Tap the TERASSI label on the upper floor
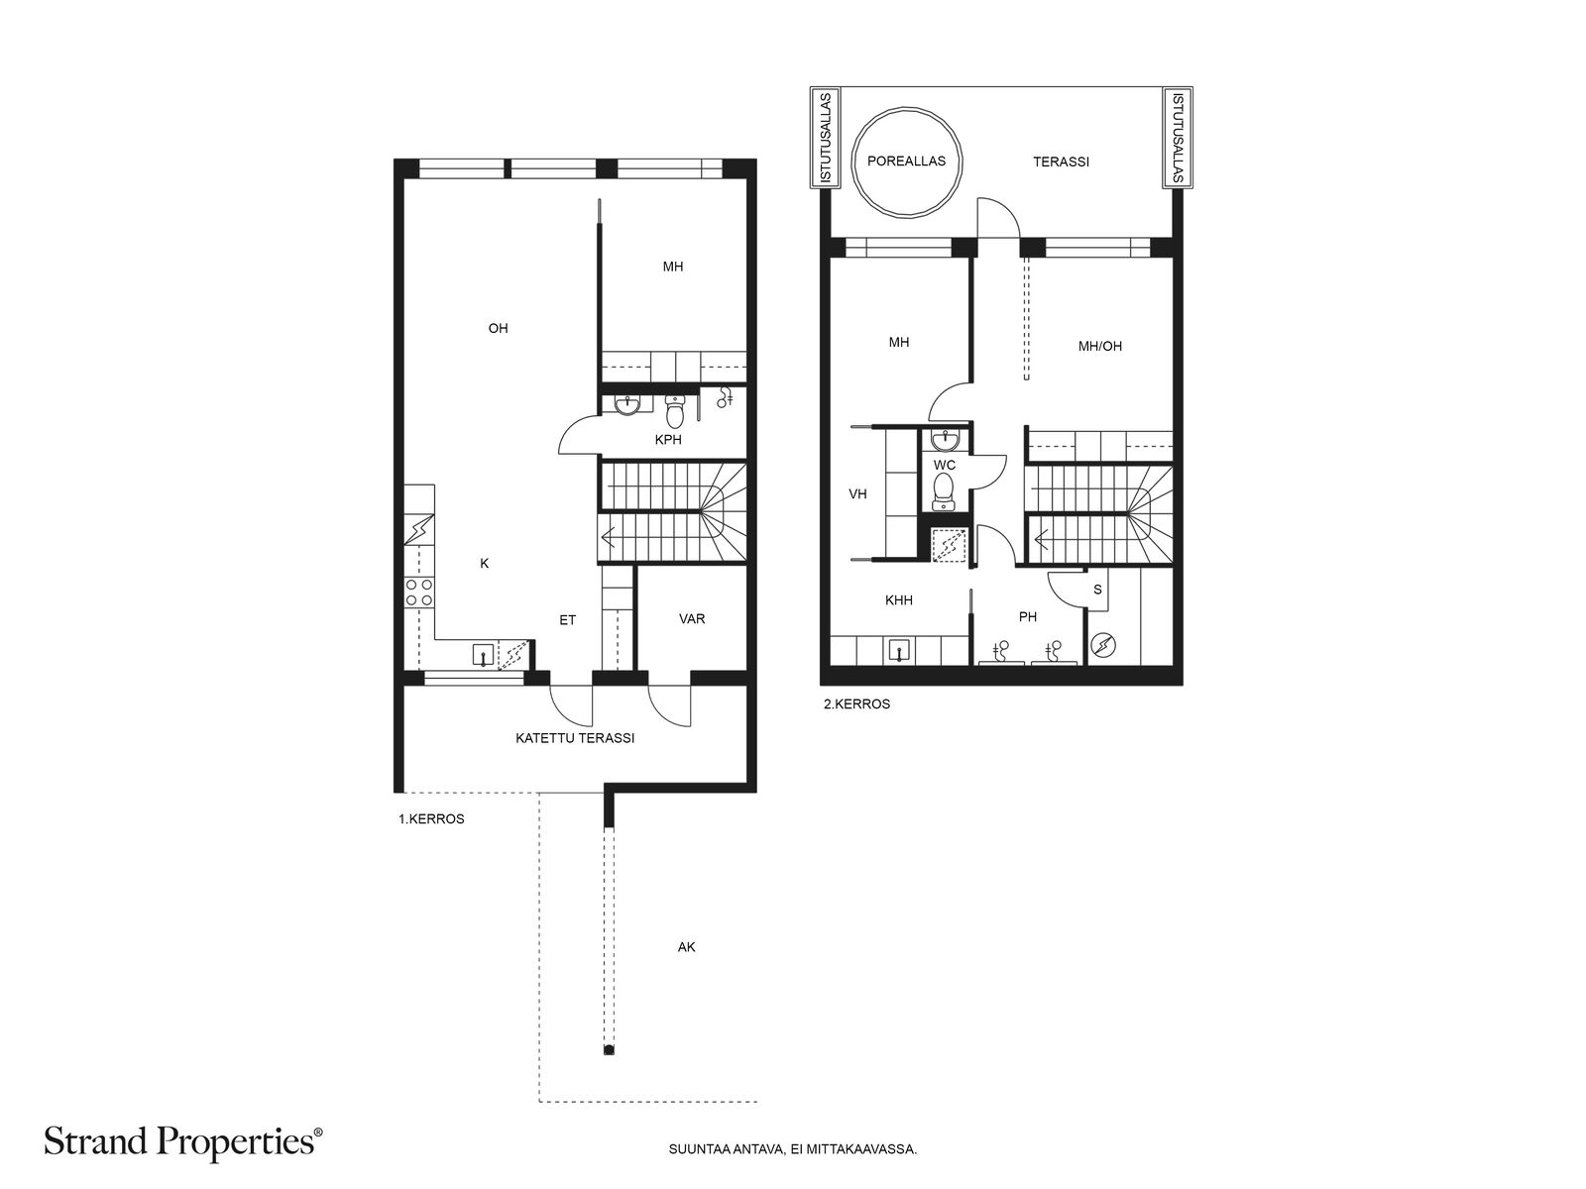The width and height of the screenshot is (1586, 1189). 1061,162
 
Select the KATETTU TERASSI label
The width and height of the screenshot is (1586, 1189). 574,738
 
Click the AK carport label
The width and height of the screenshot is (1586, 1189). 686,947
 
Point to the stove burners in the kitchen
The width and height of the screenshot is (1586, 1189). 419,592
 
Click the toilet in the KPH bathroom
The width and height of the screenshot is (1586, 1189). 674,411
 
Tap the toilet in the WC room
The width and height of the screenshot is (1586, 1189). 944,492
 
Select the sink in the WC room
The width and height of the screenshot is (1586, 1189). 945,439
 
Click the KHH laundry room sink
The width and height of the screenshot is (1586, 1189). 899,652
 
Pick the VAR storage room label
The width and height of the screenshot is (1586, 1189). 692,618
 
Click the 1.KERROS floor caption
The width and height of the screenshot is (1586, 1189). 431,819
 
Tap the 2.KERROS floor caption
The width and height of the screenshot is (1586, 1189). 857,703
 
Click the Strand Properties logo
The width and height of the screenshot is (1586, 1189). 182,1142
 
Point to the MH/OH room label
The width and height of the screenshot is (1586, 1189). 1099,347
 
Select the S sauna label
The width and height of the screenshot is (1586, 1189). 1097,590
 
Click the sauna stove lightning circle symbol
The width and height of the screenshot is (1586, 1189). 1103,645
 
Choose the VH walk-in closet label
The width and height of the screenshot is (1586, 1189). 857,494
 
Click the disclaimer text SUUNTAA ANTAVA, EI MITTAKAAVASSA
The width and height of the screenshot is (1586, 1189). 793,1149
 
